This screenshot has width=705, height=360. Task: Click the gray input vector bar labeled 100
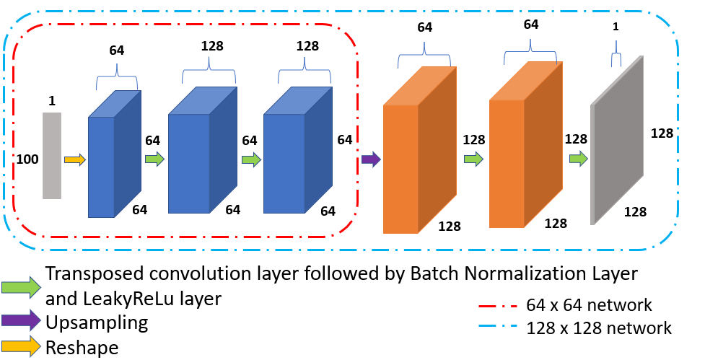pos(52,155)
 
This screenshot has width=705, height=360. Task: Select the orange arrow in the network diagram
pos(75,159)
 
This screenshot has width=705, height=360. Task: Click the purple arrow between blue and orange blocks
pos(370,159)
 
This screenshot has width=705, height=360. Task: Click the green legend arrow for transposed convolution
pos(21,286)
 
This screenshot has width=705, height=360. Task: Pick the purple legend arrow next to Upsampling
pos(21,322)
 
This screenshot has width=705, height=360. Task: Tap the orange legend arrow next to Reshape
pos(21,348)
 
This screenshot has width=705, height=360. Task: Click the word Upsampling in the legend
pos(97,322)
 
